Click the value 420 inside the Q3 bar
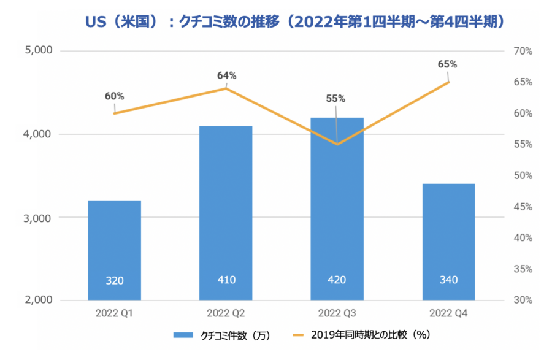tap(337, 280)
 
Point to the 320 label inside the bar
tap(115, 281)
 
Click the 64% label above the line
tap(226, 75)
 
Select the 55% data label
tap(335, 98)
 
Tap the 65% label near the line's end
tap(448, 64)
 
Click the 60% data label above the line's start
tap(114, 96)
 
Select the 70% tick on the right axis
tap(523, 51)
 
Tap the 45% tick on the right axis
tap(523, 207)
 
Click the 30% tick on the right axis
tap(523, 301)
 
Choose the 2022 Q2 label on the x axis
tap(225, 313)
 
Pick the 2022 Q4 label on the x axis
tap(448, 313)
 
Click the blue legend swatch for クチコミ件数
tap(183, 335)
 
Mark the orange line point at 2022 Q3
tap(337, 144)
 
